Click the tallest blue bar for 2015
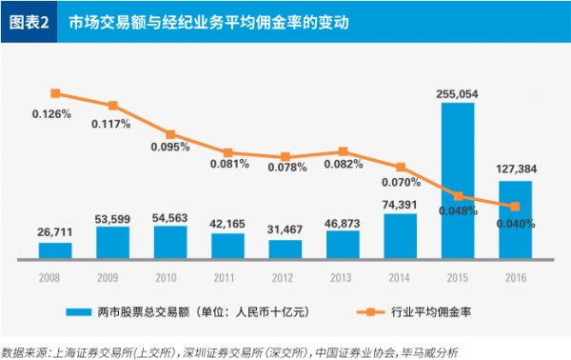(458, 181)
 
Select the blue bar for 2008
(55, 250)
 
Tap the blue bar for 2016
(515, 220)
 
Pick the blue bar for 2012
(285, 249)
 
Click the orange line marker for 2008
(55, 93)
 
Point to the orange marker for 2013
(343, 151)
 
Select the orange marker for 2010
(170, 134)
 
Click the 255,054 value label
(458, 93)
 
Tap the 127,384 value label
(516, 170)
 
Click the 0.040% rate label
(515, 224)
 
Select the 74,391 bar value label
(401, 204)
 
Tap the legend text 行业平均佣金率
(427, 311)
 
